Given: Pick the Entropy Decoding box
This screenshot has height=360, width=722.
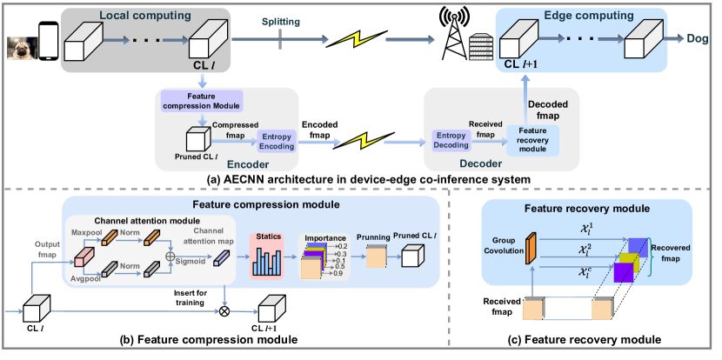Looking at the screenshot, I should click(x=451, y=143).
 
